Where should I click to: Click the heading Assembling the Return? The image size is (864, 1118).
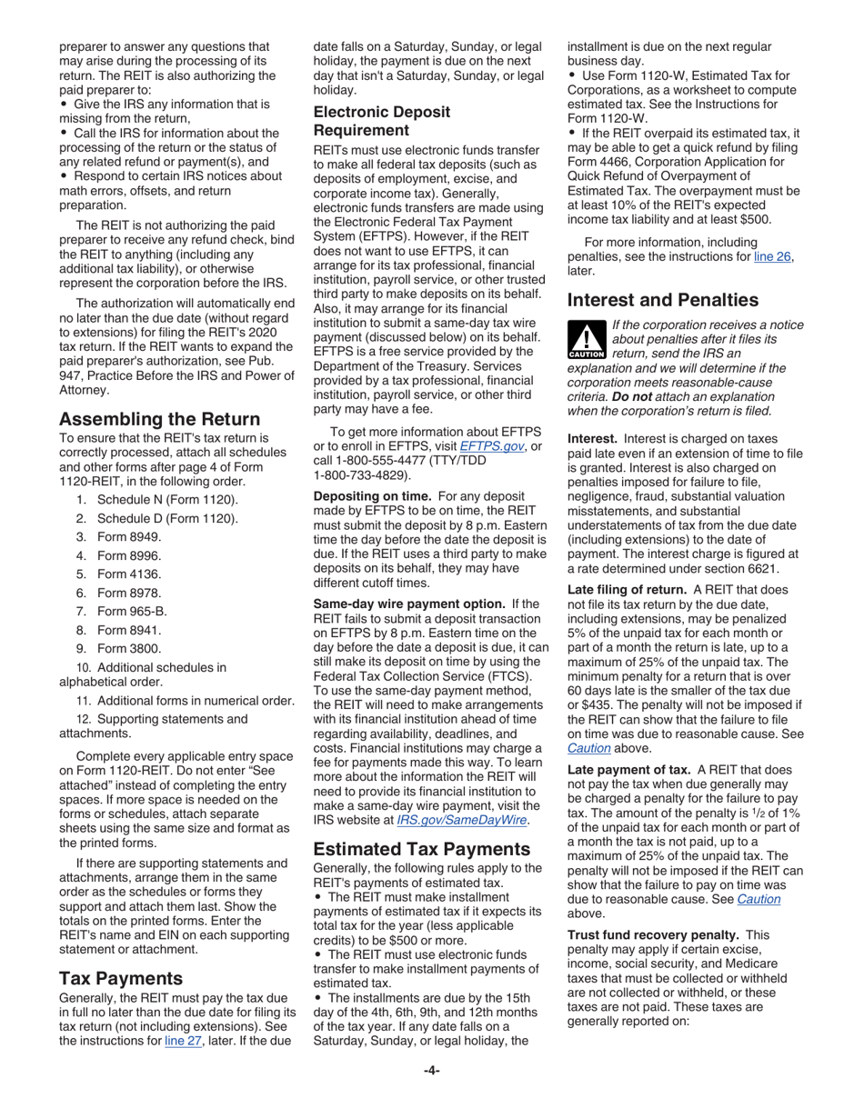159,419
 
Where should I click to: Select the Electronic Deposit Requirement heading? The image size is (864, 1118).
381,121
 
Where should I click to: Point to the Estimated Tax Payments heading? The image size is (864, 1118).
421,849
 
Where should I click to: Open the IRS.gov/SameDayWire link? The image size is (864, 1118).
463,821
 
